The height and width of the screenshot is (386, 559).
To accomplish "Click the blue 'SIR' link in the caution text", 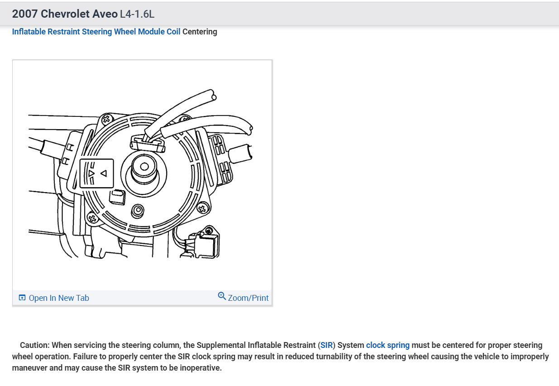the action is point(326,345).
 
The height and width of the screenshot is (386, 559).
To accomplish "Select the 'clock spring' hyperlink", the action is point(387,345).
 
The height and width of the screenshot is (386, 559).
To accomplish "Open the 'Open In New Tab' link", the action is point(59,298).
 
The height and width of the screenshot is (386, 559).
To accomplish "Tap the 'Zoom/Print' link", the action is point(248,298).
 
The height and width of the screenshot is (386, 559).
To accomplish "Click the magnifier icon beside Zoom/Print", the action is point(222,296).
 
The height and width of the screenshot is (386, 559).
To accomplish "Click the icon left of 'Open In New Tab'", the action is point(22,298).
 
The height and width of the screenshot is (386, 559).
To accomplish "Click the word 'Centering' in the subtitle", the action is point(200,32).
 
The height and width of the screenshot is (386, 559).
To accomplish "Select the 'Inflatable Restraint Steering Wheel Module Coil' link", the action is point(96,32).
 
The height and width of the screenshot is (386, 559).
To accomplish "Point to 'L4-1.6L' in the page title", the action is point(137,14).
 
